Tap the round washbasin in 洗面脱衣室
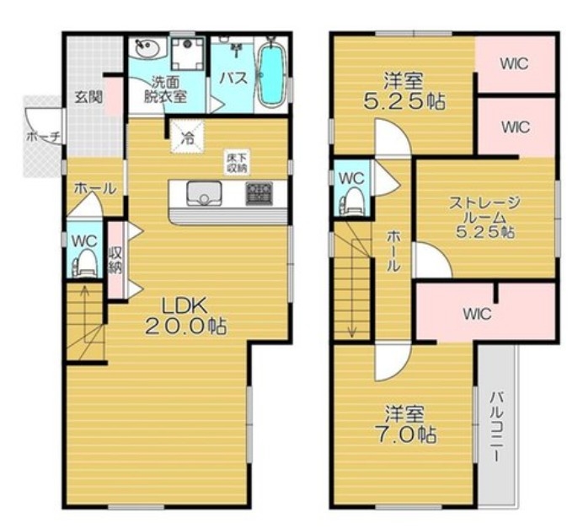(x=147, y=49)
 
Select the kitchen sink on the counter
(x=204, y=193)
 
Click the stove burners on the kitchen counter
(x=259, y=193)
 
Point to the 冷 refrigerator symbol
(x=187, y=137)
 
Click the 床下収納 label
(x=237, y=162)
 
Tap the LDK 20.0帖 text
(x=184, y=316)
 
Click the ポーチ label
(x=43, y=137)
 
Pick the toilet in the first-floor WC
(x=86, y=263)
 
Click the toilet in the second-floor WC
(x=351, y=202)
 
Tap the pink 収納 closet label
(x=115, y=260)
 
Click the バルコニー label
(x=496, y=426)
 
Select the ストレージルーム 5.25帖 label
(x=484, y=217)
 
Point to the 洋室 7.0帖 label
(x=404, y=424)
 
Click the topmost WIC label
(x=514, y=64)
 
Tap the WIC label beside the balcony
(x=478, y=314)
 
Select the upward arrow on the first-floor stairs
(x=85, y=314)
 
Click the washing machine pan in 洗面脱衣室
(x=188, y=53)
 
